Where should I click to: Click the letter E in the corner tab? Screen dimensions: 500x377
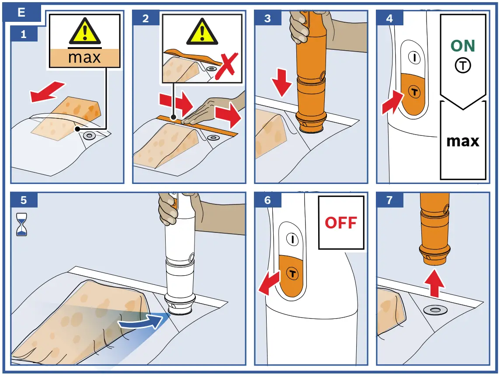pyautogui.click(x=21, y=12)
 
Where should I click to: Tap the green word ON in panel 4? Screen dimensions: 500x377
pyautogui.click(x=463, y=46)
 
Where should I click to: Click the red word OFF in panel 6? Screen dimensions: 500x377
pyautogui.click(x=340, y=223)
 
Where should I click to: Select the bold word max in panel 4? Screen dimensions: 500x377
pyautogui.click(x=463, y=141)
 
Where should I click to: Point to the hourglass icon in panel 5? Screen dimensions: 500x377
pyautogui.click(x=22, y=225)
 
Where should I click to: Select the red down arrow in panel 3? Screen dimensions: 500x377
pyautogui.click(x=281, y=82)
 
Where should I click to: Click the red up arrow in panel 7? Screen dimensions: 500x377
pyautogui.click(x=434, y=283)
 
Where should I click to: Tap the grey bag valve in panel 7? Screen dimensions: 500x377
pyautogui.click(x=435, y=310)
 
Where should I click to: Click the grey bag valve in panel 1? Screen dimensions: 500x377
pyautogui.click(x=89, y=136)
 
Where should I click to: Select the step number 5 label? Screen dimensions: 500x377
pyautogui.click(x=24, y=200)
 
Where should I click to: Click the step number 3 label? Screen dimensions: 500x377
pyautogui.click(x=267, y=18)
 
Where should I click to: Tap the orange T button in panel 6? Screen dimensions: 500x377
pyautogui.click(x=292, y=273)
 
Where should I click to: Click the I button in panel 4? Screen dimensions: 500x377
pyautogui.click(x=414, y=58)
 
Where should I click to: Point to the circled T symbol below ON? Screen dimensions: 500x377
pyautogui.click(x=463, y=66)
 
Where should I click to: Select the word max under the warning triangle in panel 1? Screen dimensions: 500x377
pyautogui.click(x=84, y=58)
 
